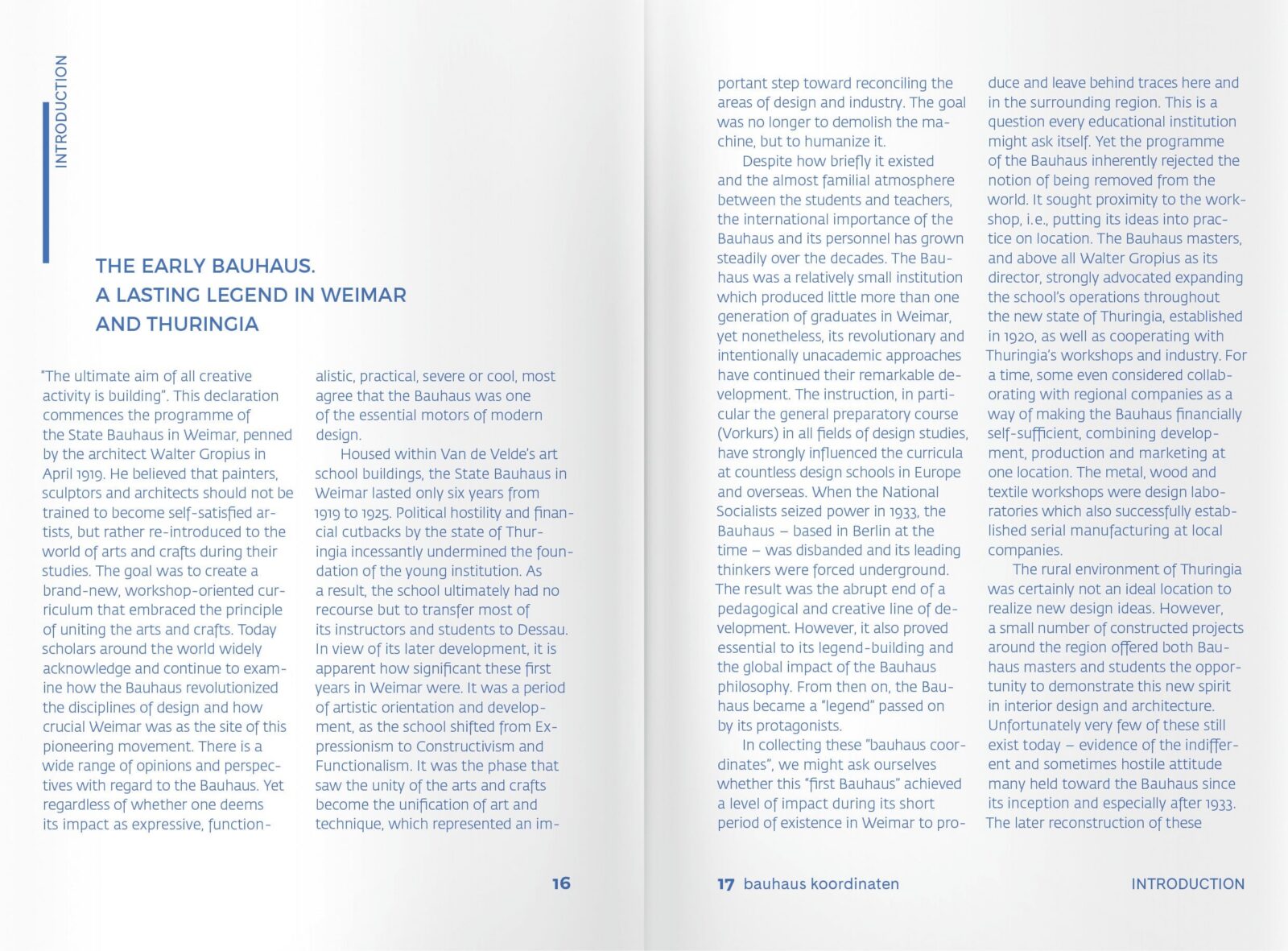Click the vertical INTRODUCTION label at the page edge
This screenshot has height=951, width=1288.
click(61, 111)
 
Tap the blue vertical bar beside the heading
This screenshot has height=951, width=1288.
click(46, 182)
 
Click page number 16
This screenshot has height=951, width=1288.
click(561, 883)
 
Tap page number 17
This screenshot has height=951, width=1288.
click(725, 884)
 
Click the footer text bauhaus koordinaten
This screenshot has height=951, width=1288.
click(821, 883)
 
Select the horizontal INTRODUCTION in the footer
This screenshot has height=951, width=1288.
click(1187, 883)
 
